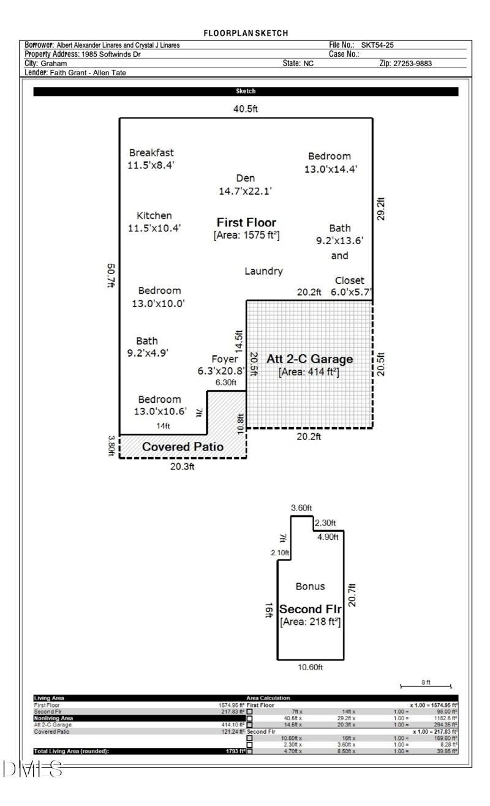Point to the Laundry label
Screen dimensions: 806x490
coord(263,271)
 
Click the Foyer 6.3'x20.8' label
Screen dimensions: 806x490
coord(221,365)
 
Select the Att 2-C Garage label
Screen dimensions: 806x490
coord(309,359)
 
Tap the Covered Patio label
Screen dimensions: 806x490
coord(183,447)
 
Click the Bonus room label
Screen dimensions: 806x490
coord(310,586)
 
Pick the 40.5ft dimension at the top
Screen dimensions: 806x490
coord(245,109)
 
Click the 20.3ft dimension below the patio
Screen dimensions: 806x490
coord(182,467)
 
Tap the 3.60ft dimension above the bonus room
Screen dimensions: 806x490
coord(301,509)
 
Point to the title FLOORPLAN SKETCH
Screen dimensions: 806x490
coord(245,32)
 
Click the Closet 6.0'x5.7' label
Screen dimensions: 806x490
coord(350,286)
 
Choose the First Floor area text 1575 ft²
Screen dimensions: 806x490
coord(246,235)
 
